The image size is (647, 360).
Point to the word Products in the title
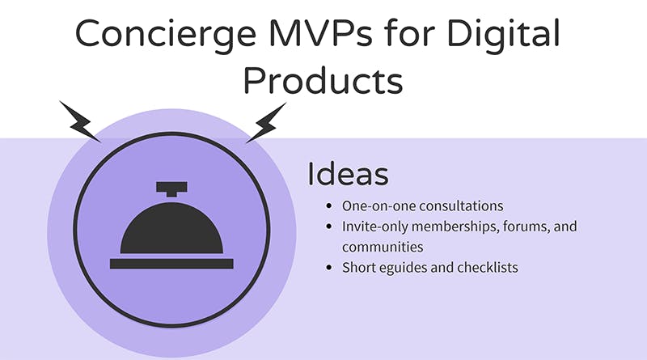click(323, 80)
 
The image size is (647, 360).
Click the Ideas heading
click(348, 174)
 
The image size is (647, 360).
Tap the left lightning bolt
click(79, 121)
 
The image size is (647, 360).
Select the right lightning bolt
click(267, 123)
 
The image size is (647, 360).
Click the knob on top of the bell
click(171, 189)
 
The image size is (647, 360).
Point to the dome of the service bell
click(171, 228)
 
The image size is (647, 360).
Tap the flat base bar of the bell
click(171, 264)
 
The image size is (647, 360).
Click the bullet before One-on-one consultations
click(329, 205)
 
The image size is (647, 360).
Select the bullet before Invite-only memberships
click(329, 227)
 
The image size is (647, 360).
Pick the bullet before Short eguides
click(329, 268)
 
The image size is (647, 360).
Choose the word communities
click(383, 247)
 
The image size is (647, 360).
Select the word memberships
click(455, 227)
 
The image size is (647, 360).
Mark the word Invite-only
click(374, 227)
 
